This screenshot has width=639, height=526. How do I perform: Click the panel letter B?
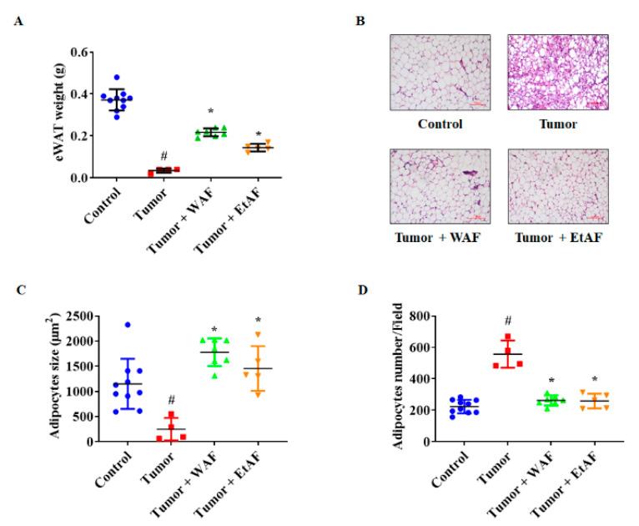[x=360, y=19]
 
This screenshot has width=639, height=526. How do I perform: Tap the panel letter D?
[x=360, y=290]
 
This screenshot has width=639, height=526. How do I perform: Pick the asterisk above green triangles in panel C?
[x=214, y=329]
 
